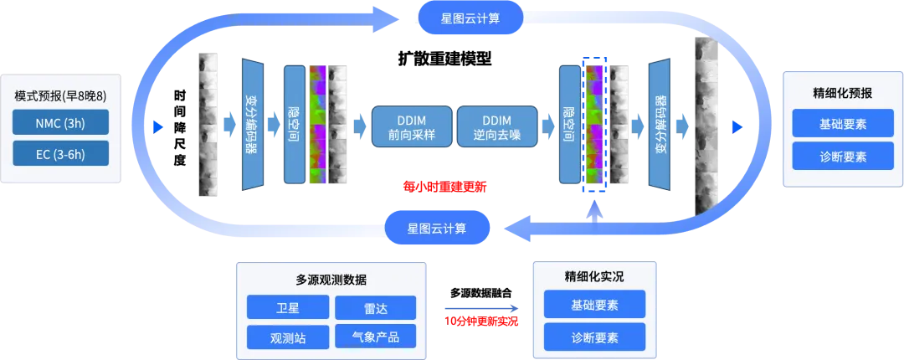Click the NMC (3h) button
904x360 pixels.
(x=60, y=123)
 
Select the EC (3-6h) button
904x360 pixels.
(x=60, y=154)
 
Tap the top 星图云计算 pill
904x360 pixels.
(x=470, y=18)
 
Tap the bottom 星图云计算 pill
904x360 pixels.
(x=437, y=227)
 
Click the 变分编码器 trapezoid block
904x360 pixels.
(x=251, y=125)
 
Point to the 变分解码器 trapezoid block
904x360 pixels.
(x=660, y=125)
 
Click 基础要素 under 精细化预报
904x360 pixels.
(x=842, y=124)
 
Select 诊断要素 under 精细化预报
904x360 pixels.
(x=842, y=156)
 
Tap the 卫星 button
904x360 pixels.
(x=287, y=307)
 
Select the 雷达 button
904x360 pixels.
(x=375, y=307)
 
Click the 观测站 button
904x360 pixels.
(x=287, y=337)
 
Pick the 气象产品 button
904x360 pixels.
(x=375, y=337)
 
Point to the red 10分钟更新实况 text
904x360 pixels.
(x=481, y=321)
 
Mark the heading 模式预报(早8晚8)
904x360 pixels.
(x=60, y=96)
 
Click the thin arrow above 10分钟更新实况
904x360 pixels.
(x=481, y=307)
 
